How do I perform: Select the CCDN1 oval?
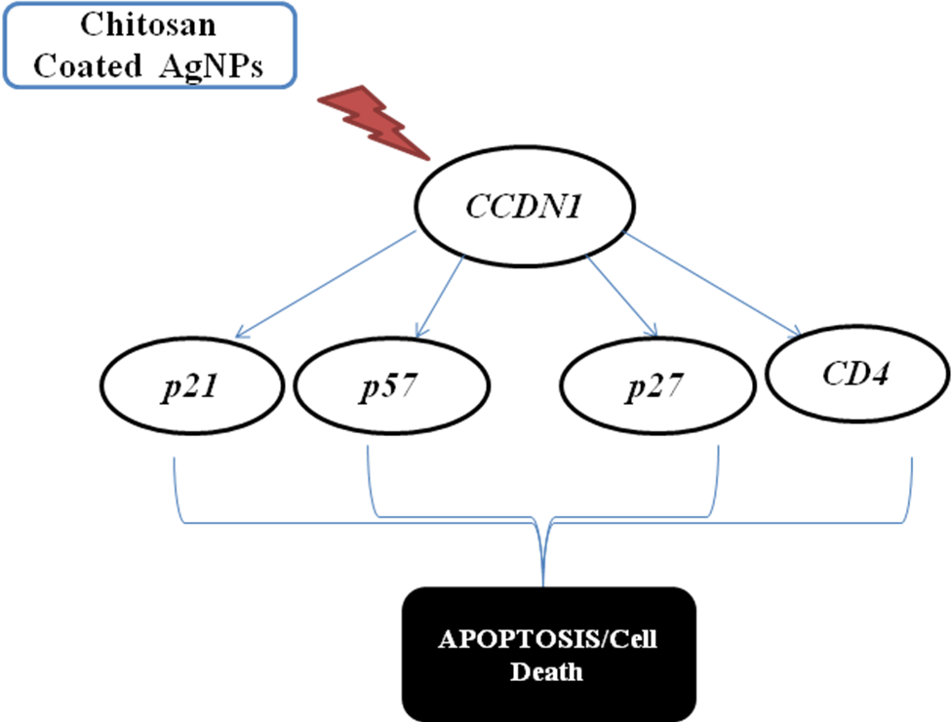[x=524, y=208]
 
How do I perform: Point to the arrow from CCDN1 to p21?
[x=328, y=285]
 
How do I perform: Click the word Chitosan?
[x=147, y=24]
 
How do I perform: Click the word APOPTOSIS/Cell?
[x=547, y=641]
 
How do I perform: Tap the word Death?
[x=547, y=671]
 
